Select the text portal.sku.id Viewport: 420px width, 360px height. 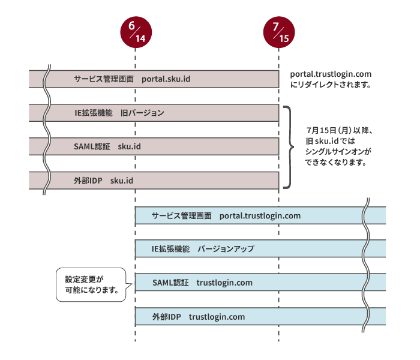click(166, 79)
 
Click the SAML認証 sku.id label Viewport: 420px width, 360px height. click(107, 146)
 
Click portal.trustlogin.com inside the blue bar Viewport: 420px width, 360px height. click(260, 215)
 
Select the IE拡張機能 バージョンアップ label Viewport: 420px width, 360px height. click(203, 249)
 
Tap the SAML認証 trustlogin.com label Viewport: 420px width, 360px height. click(202, 283)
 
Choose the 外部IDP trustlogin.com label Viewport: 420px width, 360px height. click(199, 316)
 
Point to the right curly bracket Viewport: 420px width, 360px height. click(290, 147)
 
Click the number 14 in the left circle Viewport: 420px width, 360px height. click(140, 38)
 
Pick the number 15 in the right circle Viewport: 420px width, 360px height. click(284, 38)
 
